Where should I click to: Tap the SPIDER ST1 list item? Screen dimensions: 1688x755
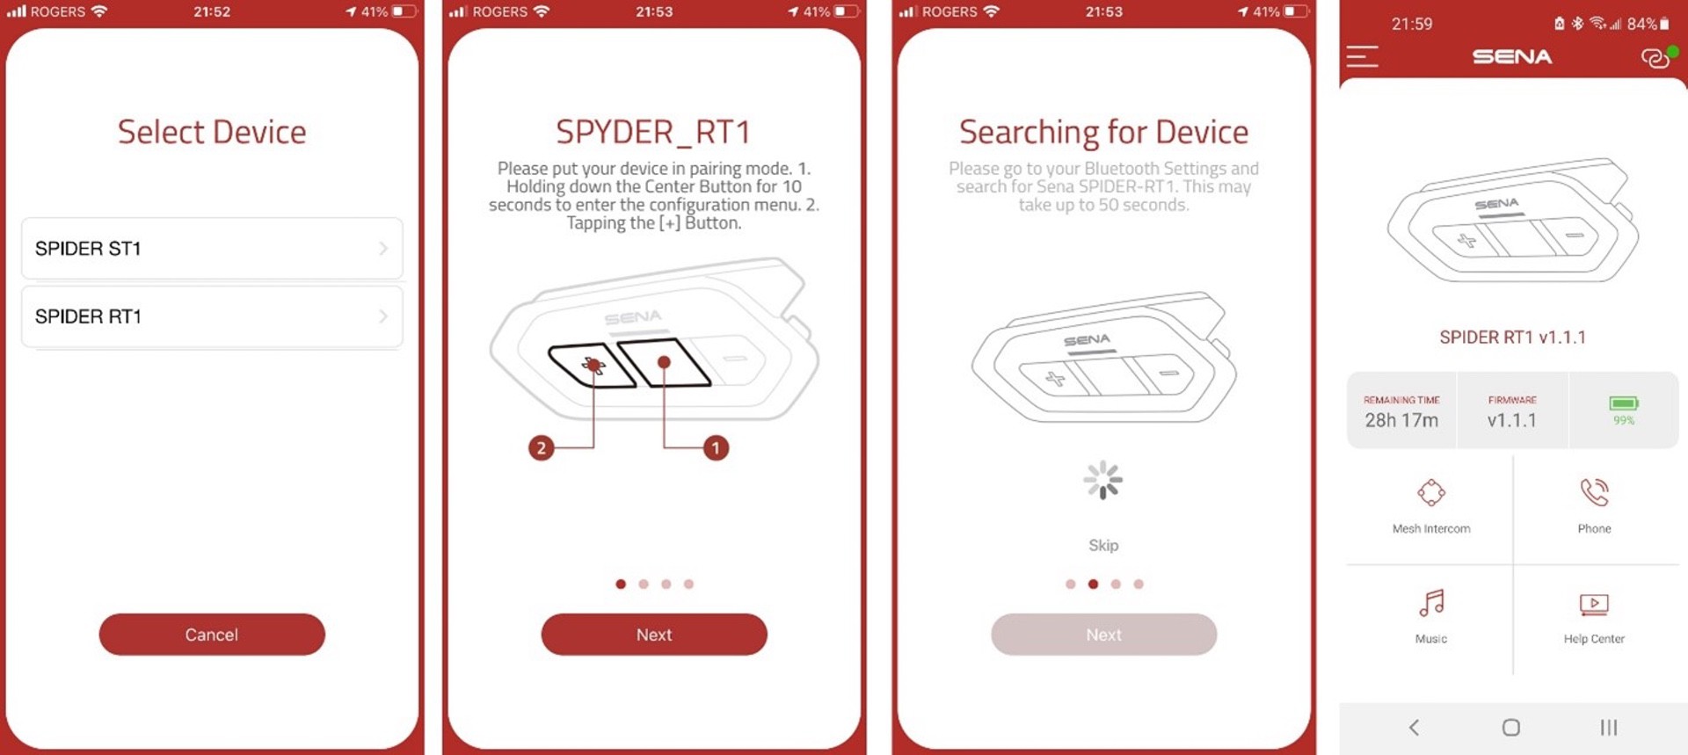(212, 249)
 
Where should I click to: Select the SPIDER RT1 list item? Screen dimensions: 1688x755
(212, 316)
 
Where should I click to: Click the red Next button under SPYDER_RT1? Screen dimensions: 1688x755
(654, 635)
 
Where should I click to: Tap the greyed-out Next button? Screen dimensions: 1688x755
(1103, 635)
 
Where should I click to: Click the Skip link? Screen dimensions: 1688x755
(1103, 545)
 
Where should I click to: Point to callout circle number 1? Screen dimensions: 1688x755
(716, 448)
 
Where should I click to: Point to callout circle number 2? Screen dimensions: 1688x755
(542, 448)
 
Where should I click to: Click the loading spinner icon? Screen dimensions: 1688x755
(1102, 480)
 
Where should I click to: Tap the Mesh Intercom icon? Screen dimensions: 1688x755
(1431, 492)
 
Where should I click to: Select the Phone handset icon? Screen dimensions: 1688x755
(1594, 492)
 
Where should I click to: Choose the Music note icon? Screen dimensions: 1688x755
(1431, 604)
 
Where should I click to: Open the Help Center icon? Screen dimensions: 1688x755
(1594, 605)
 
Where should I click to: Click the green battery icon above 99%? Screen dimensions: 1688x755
(1624, 403)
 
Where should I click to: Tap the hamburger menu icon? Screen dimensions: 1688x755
(1362, 56)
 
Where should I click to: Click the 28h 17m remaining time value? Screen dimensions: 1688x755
(1401, 420)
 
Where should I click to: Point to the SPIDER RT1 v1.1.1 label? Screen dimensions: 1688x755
(1512, 338)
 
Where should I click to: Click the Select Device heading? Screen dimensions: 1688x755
(212, 132)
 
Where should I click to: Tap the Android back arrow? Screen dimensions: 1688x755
(1414, 727)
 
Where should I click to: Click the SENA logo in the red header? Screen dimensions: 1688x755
(1512, 57)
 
